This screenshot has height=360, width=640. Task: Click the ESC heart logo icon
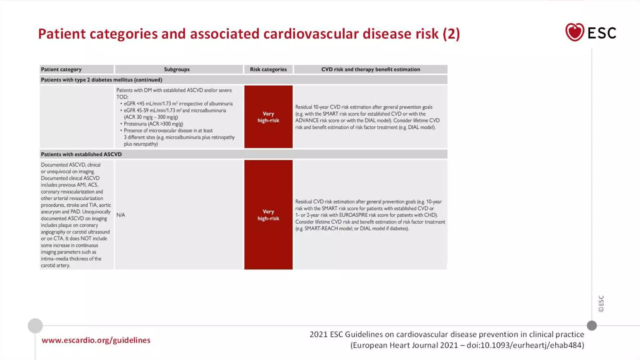click(574, 32)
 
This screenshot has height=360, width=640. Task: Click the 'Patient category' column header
click(61, 69)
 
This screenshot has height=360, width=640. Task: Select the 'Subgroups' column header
click(177, 69)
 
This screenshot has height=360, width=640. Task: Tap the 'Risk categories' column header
click(268, 69)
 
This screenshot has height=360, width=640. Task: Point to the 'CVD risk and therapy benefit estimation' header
click(371, 69)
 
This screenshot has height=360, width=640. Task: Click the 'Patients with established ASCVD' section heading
click(81, 154)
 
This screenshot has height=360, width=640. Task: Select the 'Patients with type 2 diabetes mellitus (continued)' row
click(102, 80)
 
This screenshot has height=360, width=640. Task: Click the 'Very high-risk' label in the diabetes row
click(268, 117)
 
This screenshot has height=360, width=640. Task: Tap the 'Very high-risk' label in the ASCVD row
click(268, 215)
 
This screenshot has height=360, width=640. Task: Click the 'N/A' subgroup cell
click(121, 215)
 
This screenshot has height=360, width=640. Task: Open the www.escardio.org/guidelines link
click(96, 340)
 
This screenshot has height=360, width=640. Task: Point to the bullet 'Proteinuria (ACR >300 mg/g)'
click(153, 124)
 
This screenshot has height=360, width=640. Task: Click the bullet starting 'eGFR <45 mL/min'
click(178, 104)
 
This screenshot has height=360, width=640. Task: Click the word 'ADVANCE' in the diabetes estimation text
click(307, 121)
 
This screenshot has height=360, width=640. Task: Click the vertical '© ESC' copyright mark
click(601, 303)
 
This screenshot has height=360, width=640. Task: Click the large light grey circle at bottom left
click(35, 326)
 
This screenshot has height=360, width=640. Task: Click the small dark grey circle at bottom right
click(592, 326)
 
